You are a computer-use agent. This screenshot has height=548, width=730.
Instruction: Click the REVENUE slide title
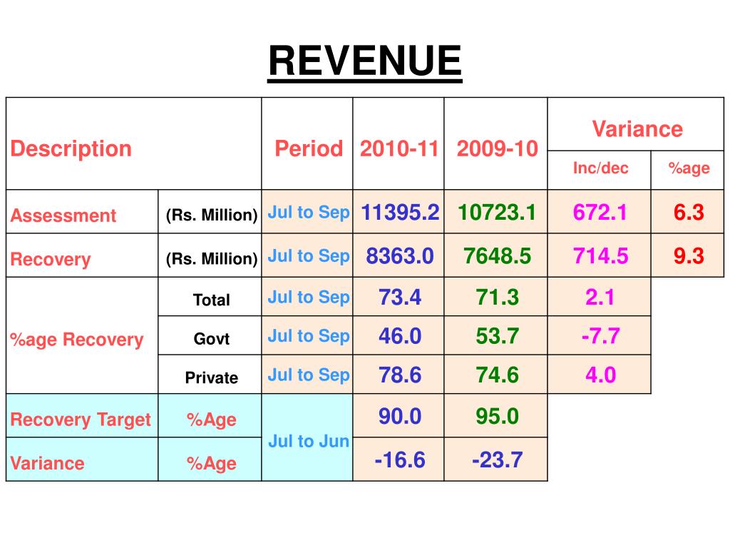tap(365, 61)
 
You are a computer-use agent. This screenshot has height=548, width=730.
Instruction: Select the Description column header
tap(71, 149)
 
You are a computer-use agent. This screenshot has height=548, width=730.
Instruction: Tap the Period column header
tap(309, 149)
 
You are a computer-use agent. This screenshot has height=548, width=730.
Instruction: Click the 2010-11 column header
tap(399, 149)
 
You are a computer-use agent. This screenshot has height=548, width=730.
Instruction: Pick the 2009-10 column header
tap(497, 149)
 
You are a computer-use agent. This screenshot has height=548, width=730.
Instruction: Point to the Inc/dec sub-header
tap(600, 169)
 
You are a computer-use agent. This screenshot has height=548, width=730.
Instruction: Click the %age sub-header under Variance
tap(689, 169)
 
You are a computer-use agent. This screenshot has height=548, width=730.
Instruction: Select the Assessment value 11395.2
tap(399, 212)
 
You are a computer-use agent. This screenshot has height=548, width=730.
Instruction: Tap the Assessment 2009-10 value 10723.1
tap(497, 212)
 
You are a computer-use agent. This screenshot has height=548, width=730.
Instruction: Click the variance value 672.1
tap(600, 212)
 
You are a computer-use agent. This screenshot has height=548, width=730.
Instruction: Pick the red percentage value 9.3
tap(689, 255)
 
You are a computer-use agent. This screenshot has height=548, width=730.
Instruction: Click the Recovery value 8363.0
tap(399, 255)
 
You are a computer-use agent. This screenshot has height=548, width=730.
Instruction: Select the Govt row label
tap(211, 339)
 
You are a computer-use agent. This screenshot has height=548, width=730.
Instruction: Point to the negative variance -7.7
tap(600, 336)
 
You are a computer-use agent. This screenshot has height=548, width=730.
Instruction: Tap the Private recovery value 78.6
tap(399, 375)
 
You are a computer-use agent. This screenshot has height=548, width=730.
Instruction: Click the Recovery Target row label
tap(81, 420)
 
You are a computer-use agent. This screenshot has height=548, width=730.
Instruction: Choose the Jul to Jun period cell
tap(309, 442)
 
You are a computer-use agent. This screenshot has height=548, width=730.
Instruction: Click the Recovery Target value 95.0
tap(497, 416)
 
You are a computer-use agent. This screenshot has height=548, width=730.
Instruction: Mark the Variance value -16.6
tap(399, 460)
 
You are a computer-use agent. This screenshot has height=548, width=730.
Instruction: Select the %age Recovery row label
tap(76, 340)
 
